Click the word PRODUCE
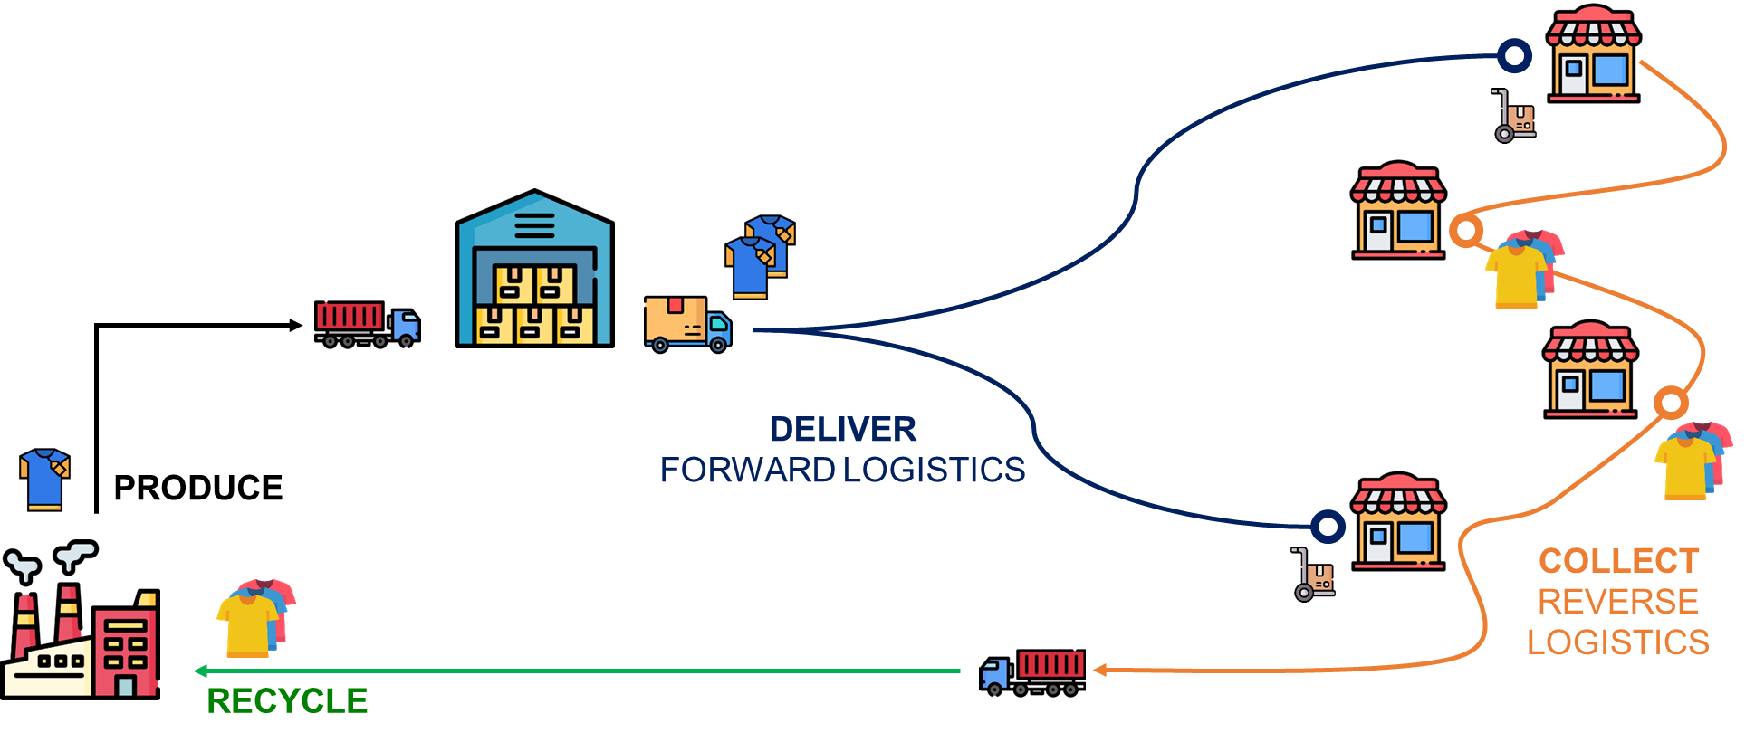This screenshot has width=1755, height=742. (198, 488)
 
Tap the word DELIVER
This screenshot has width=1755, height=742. (843, 429)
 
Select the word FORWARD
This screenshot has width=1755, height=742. (748, 470)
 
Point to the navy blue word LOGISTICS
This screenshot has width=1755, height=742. (935, 470)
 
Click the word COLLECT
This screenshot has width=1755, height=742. (1619, 561)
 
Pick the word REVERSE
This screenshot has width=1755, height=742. (1618, 602)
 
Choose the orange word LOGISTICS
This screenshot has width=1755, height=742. (1618, 642)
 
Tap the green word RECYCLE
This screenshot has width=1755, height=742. (287, 701)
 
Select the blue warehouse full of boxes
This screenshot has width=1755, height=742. (534, 269)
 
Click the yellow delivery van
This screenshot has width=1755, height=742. (688, 323)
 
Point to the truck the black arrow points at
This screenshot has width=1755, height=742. (368, 324)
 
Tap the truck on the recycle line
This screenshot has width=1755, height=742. (1032, 671)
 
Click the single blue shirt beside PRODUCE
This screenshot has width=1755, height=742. (44, 480)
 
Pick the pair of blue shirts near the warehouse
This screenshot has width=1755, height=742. (761, 256)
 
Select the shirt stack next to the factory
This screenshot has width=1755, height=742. (256, 618)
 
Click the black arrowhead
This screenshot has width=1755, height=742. (295, 325)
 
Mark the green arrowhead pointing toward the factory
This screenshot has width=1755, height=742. (201, 671)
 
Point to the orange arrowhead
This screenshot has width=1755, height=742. (1100, 671)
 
